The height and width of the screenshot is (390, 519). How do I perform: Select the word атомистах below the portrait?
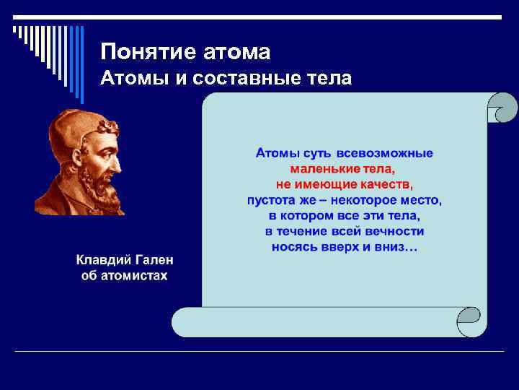pos(135,276)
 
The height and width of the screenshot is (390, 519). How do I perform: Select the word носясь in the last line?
pos(294,247)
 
